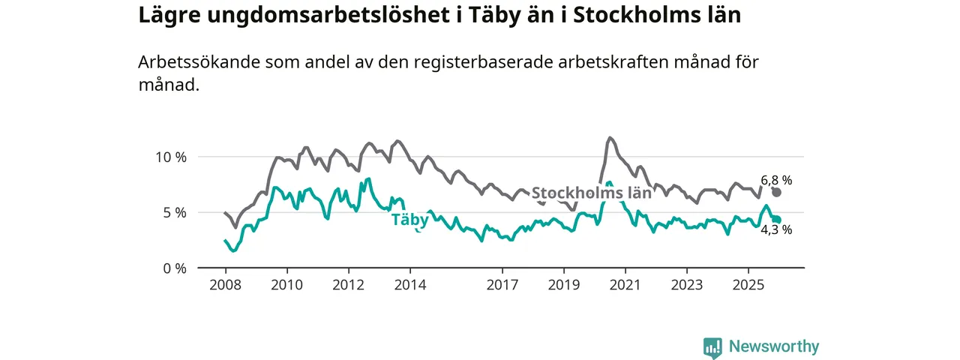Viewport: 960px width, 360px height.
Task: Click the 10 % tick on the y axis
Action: coord(170,157)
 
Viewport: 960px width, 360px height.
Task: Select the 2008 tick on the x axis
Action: coord(225,285)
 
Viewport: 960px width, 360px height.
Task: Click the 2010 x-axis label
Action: coord(286,285)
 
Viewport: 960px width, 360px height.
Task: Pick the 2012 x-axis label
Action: coord(348,285)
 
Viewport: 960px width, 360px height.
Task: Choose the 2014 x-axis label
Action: coord(409,285)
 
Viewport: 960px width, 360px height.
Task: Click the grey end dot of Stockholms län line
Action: coord(776,192)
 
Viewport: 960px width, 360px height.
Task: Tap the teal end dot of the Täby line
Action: coord(777,220)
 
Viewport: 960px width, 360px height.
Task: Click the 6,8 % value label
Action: coord(776,180)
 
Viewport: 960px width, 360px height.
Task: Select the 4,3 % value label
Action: coord(776,230)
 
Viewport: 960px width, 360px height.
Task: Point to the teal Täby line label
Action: coord(409,220)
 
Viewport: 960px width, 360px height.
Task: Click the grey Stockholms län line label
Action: coord(591,193)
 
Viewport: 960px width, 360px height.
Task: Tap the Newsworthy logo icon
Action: coord(712,346)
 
